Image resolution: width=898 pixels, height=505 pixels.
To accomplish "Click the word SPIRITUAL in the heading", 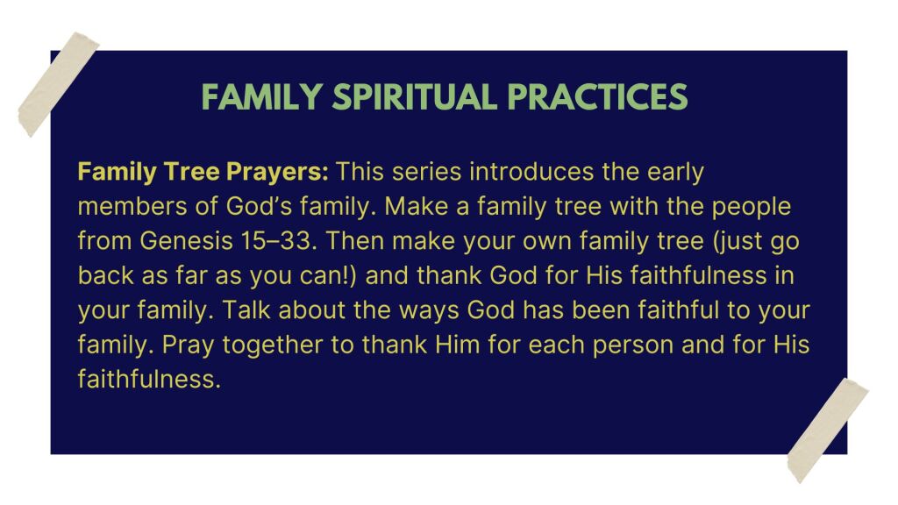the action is coord(415,96).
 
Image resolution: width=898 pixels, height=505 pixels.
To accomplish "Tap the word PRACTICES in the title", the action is coord(597,96).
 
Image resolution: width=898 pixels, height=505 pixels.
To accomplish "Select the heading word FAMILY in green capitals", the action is coord(261,96).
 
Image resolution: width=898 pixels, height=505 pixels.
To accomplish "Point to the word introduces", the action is coord(531,172).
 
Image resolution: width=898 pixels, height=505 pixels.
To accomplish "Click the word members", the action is coord(132,207).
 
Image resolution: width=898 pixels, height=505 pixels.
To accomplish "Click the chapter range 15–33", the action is coord(279,241).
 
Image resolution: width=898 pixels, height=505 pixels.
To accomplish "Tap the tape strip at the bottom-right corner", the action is coord(828,430).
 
